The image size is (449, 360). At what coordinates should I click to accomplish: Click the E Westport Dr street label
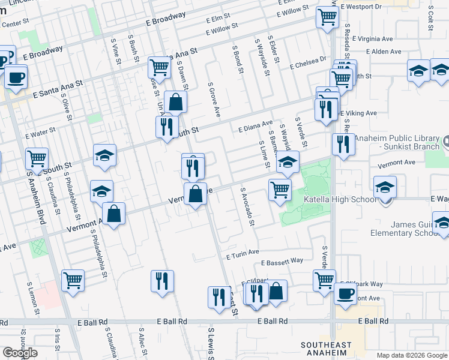tap(360, 7)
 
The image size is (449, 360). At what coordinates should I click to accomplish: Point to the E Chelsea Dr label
tap(307, 63)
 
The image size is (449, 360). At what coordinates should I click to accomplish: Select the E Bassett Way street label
tap(282, 262)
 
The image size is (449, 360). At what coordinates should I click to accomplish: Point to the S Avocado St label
tap(247, 209)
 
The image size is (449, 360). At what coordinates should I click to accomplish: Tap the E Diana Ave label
tap(255, 127)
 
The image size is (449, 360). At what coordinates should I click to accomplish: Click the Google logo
tap(19, 353)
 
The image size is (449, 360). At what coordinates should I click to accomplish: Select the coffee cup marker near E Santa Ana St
tap(16, 77)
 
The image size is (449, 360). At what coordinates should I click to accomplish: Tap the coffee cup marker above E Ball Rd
tap(346, 293)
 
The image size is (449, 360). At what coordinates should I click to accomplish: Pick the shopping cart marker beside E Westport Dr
tap(327, 17)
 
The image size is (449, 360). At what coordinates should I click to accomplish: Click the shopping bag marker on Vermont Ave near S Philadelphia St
tap(113, 213)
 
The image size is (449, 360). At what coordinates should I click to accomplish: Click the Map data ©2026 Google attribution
tap(412, 355)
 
